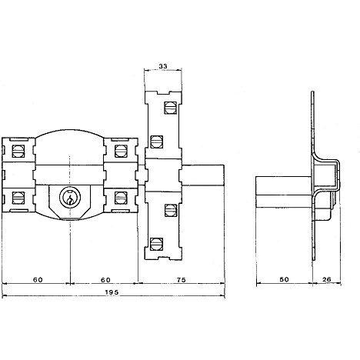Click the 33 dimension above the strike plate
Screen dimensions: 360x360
pos(163,66)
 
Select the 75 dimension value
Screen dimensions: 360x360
pos(182,280)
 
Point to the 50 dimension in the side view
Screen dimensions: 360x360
pos(284,279)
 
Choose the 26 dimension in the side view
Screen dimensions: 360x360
pos(327,279)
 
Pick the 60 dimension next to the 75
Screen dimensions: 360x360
pos(105,280)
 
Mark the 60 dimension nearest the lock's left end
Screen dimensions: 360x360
pos(38,280)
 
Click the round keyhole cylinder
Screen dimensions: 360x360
pos(70,197)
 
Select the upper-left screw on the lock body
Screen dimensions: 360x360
pos(18,152)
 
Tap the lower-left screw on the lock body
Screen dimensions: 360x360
pos(18,198)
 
